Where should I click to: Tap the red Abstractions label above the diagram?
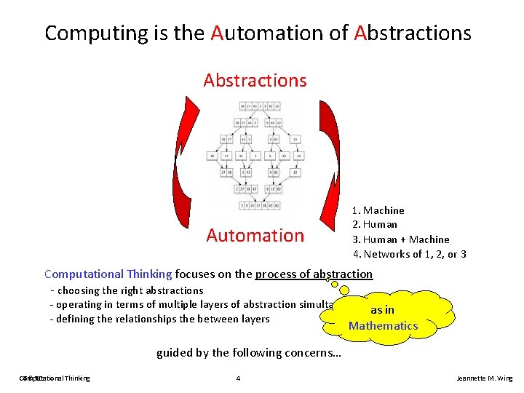(x=255, y=80)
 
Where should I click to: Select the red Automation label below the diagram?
(x=255, y=235)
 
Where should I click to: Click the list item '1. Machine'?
(x=378, y=210)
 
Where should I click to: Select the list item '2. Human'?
(x=375, y=225)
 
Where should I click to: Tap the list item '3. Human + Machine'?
(x=401, y=239)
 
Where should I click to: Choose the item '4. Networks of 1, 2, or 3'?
(x=409, y=254)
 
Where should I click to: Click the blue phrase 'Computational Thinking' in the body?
(x=108, y=274)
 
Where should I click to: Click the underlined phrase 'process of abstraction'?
(x=314, y=274)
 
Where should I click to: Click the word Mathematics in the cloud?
(x=384, y=326)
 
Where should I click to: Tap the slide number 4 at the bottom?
(x=238, y=378)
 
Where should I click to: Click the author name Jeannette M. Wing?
(x=484, y=378)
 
